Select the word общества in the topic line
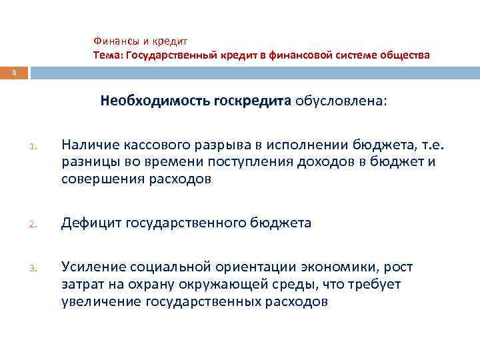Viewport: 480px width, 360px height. click(x=405, y=55)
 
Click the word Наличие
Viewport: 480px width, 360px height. click(x=91, y=146)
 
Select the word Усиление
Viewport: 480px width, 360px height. click(x=91, y=268)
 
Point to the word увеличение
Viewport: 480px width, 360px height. click(x=99, y=301)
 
